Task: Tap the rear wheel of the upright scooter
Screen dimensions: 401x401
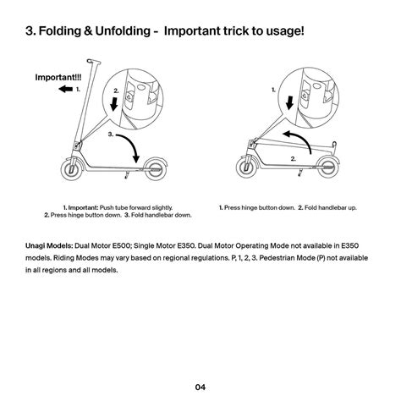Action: click(157, 167)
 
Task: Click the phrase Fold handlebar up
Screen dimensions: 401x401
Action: click(332, 207)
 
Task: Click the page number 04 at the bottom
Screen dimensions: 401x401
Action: click(200, 387)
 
